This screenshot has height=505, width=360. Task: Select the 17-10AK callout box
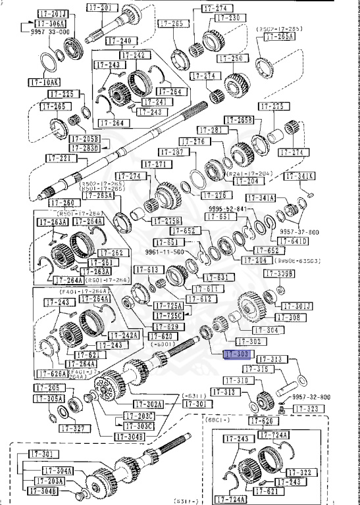[44, 83]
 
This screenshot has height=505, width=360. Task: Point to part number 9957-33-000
[47, 31]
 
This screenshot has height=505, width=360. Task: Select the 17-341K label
[300, 176]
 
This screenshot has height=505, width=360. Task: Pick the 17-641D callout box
[294, 241]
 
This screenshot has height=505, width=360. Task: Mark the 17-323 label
[305, 409]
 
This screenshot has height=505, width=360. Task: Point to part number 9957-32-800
[311, 397]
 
